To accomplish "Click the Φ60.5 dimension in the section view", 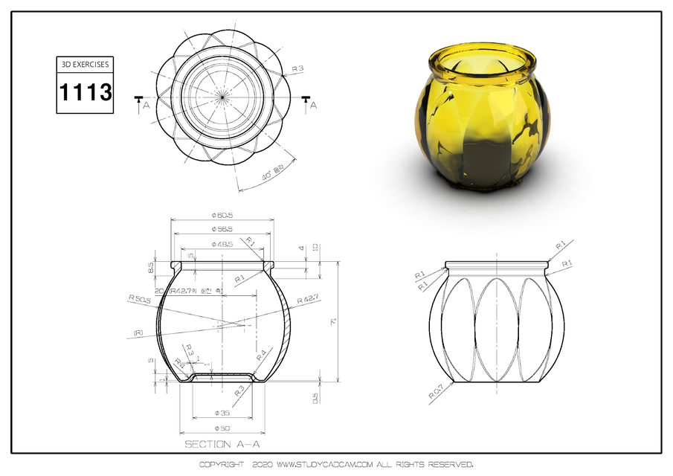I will [222, 216].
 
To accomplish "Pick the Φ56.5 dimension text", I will [222, 229].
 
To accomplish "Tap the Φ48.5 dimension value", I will [222, 243].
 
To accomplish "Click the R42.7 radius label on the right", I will [308, 300].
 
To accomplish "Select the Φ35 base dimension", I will [222, 412].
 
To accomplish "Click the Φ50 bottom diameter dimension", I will [222, 428].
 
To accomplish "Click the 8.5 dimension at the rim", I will [152, 266].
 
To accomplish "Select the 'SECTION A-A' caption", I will [222, 444].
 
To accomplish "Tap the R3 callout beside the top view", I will [297, 69].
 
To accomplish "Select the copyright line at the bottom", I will [336, 464].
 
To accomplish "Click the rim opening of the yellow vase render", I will [482, 59].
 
